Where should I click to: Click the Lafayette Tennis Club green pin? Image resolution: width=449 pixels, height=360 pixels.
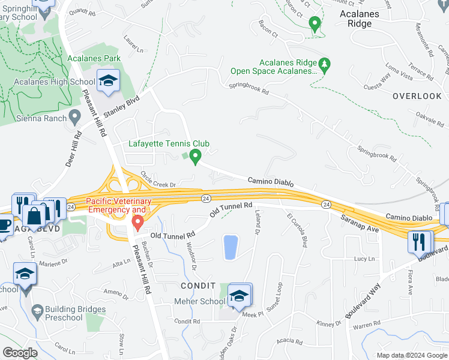(x=194, y=157)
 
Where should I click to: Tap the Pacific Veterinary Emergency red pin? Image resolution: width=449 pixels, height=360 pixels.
(x=137, y=223)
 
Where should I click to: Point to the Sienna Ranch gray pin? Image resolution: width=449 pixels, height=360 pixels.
(x=74, y=115)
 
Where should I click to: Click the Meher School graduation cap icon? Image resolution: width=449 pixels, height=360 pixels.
(x=239, y=295)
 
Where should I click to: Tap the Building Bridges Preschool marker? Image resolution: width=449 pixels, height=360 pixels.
(x=37, y=311)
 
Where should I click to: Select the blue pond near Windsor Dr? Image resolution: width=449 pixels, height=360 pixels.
(x=230, y=247)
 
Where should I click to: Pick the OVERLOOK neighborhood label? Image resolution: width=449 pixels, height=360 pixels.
(x=417, y=96)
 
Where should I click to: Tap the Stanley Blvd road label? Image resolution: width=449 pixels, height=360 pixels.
(x=121, y=106)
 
